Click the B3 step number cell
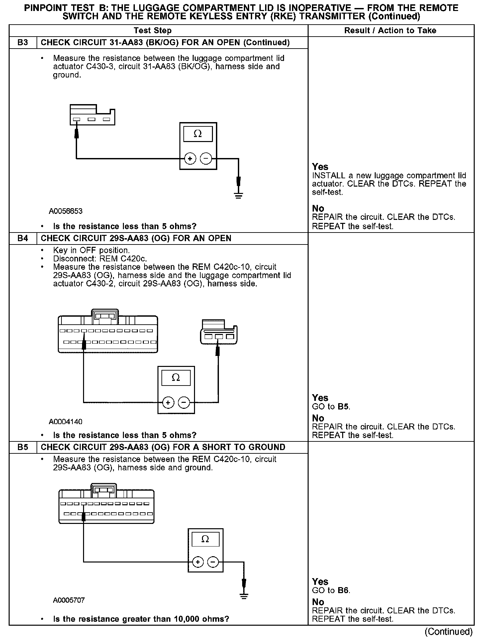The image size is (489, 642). [23, 43]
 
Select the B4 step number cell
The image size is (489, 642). [23, 239]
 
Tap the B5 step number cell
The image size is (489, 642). [23, 447]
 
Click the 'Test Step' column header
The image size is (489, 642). [152, 31]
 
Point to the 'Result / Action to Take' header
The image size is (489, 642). [390, 31]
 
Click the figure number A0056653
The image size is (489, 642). [66, 211]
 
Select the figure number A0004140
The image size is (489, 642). [66, 422]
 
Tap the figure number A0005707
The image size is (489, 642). [69, 600]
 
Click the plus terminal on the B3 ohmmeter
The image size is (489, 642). [190, 159]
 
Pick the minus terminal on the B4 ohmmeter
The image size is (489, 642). [184, 403]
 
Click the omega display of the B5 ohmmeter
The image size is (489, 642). [205, 539]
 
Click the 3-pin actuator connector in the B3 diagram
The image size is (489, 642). [92, 115]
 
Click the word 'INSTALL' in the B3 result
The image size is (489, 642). [324, 176]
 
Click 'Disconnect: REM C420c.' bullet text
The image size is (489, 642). [100, 259]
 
